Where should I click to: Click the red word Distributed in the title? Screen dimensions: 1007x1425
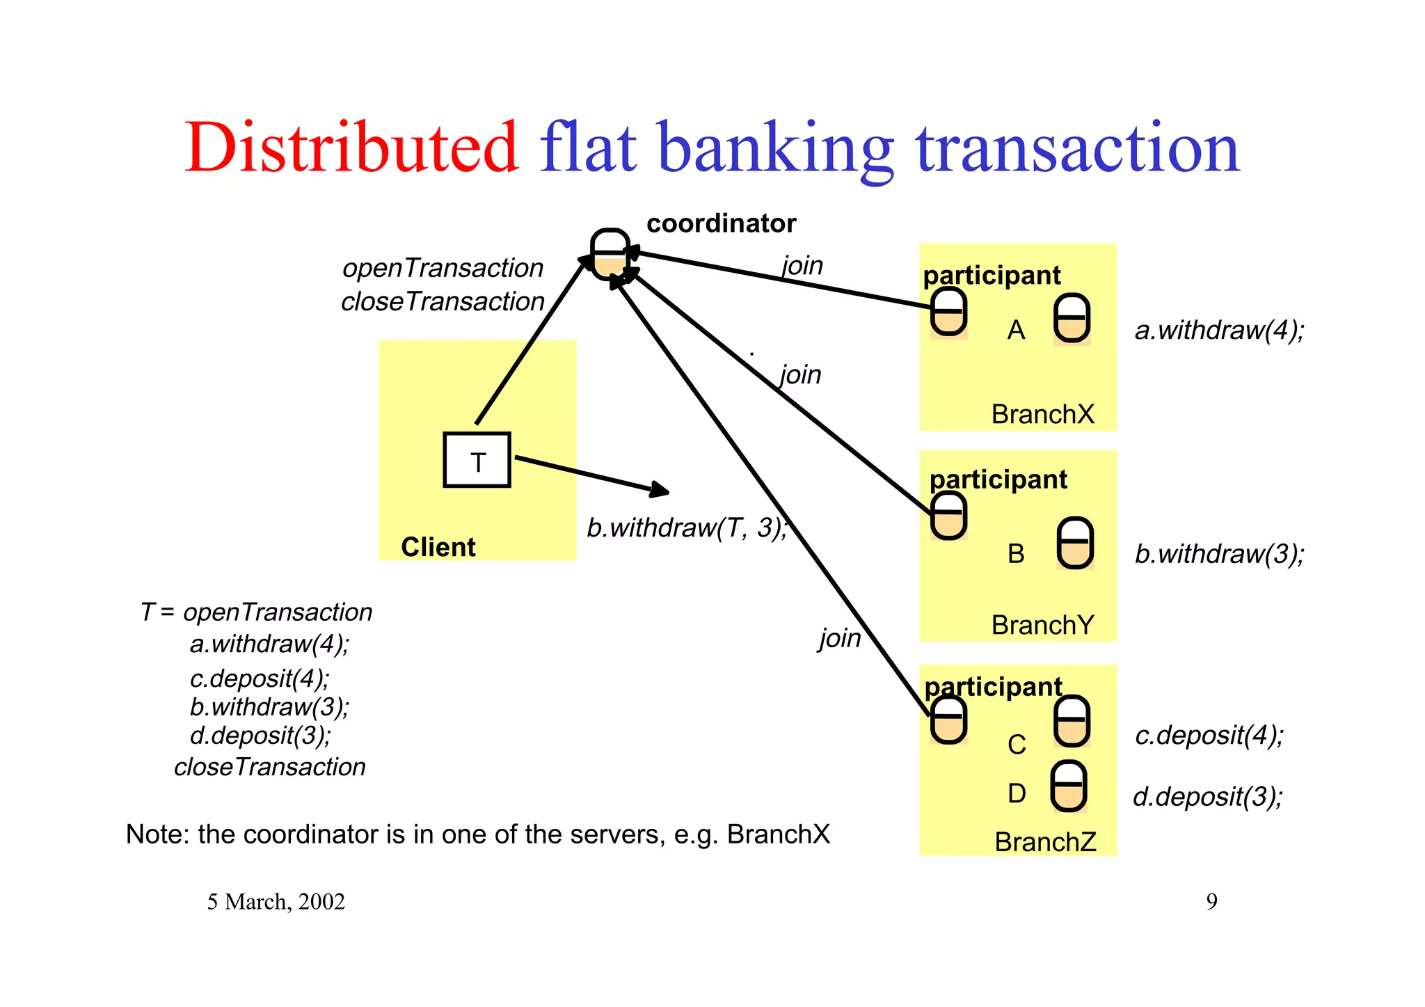(351, 148)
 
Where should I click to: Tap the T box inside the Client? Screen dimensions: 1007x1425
(477, 461)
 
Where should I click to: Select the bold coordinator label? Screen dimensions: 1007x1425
(721, 223)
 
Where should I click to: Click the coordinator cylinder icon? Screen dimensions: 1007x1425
(610, 254)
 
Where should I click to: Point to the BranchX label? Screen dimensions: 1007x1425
(1042, 414)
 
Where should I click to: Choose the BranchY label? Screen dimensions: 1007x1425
(1042, 625)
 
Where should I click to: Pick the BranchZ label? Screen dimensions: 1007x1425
(1045, 842)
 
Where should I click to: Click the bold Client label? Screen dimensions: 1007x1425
(438, 547)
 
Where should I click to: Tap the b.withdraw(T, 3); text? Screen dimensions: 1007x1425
(687, 528)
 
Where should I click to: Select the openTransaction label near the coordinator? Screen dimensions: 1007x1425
(443, 268)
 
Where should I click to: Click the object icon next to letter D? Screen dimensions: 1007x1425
(1068, 786)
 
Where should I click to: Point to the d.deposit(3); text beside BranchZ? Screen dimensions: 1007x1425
(1207, 796)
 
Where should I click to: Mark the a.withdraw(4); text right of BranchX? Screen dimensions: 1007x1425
(1219, 330)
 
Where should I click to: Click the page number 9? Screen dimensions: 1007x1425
(1211, 901)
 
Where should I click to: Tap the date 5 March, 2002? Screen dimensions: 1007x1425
(276, 901)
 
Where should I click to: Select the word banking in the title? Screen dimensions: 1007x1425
(775, 148)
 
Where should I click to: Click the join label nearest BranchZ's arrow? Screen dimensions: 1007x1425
(840, 637)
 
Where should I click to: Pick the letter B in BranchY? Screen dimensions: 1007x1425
(1016, 554)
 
